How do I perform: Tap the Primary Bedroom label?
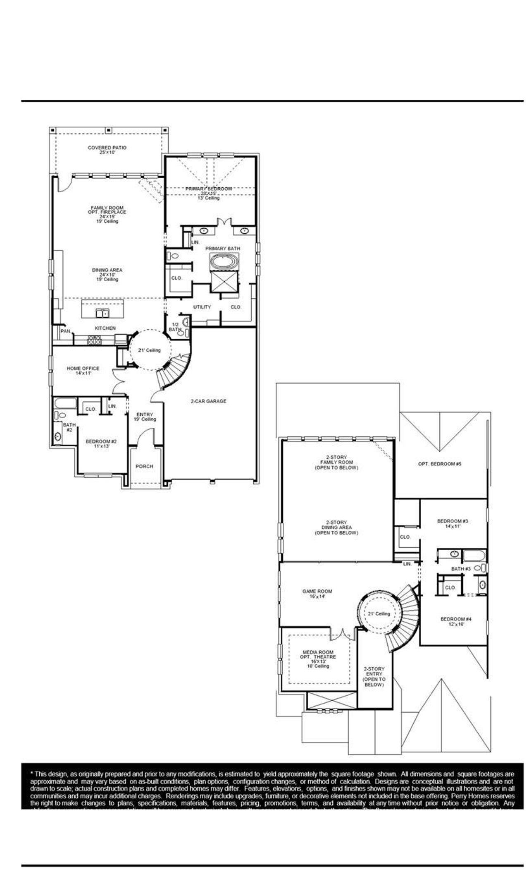click(208, 189)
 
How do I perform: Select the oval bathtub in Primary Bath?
click(224, 263)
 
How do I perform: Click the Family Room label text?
click(107, 208)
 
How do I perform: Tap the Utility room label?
click(202, 307)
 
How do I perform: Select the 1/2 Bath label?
click(175, 327)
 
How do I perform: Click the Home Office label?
click(83, 369)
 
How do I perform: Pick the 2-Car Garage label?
click(208, 401)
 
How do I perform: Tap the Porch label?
click(144, 466)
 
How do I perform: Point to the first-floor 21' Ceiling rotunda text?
click(149, 350)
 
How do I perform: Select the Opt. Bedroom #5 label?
click(439, 464)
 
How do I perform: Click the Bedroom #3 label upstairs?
click(452, 521)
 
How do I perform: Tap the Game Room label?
click(317, 592)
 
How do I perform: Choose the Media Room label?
click(318, 652)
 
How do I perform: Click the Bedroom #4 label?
click(456, 619)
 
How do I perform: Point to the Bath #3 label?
click(460, 569)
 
